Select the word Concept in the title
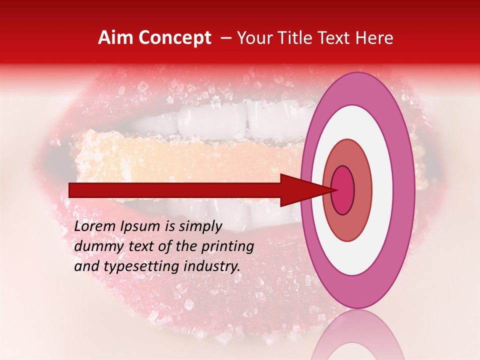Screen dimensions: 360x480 tap(174, 38)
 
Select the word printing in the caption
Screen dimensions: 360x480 tap(228, 247)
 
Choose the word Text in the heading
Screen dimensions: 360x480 tap(336, 38)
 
